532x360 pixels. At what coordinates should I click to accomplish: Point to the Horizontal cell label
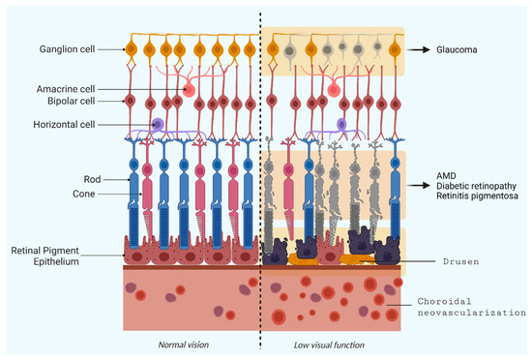pos(60,124)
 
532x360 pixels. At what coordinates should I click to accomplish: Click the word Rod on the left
pos(89,178)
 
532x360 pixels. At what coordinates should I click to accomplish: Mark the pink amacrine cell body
pos(189,90)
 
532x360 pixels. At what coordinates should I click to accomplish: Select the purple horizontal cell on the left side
pos(158,125)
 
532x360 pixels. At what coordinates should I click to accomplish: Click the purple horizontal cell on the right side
pos(342,124)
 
